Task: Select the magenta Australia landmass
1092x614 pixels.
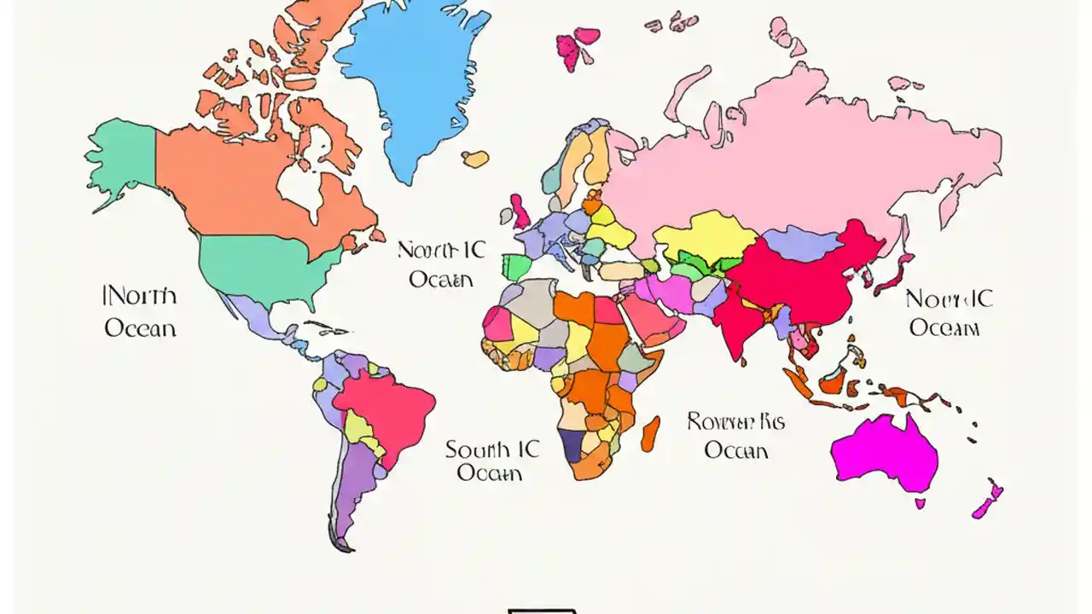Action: point(883,452)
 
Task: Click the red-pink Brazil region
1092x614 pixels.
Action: point(384,409)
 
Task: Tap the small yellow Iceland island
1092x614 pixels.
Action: point(475,159)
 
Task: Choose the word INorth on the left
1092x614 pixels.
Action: point(140,297)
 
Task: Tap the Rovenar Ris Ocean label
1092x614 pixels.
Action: point(735,435)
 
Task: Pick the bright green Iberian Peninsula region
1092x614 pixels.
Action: point(516,267)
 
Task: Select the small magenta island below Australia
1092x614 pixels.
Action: point(921,503)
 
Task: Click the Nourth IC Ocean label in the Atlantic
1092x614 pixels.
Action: point(441,264)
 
